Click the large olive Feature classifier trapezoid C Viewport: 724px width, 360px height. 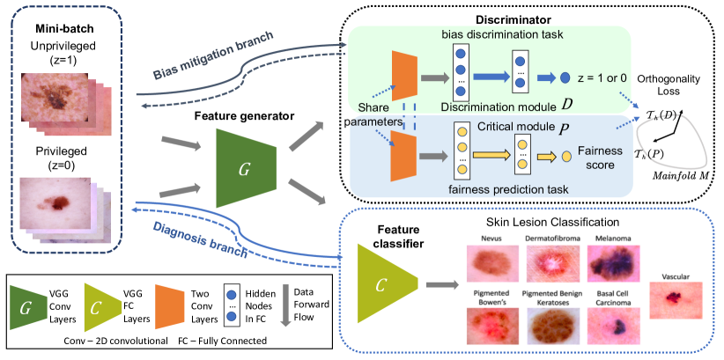pyautogui.click(x=380, y=284)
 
